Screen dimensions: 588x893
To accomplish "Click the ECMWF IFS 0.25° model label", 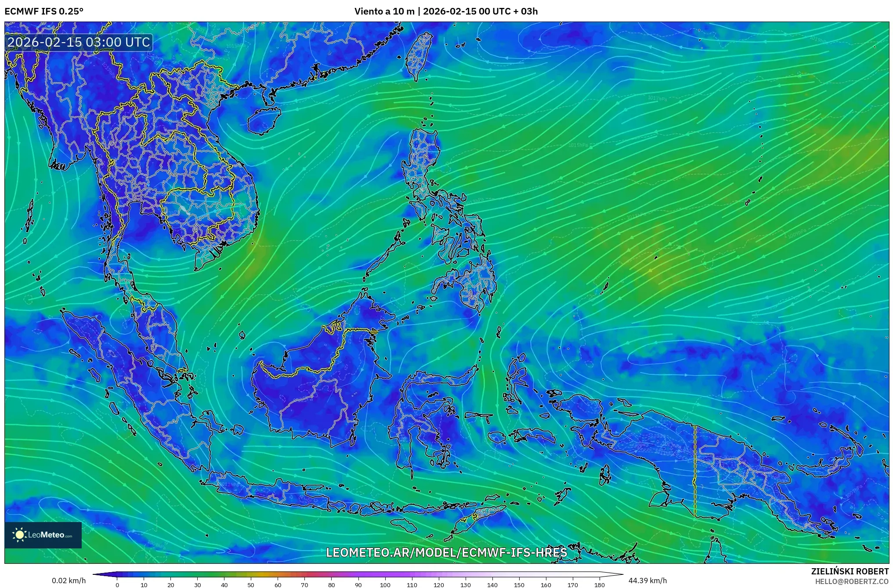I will [44, 11].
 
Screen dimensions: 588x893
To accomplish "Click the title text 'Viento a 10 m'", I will [384, 11].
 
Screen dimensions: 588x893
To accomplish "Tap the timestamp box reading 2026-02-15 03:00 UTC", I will [79, 43].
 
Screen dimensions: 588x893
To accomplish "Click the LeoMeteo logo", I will [43, 535].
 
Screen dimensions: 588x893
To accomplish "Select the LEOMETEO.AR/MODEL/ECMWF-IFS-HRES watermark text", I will [446, 552].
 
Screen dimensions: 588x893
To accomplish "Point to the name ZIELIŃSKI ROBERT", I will [850, 571].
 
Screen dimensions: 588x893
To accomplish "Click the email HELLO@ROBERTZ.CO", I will [852, 581].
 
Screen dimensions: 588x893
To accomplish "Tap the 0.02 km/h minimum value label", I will [69, 581].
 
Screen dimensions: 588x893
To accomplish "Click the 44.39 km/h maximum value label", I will [647, 581].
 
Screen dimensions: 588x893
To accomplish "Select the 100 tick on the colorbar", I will [385, 584].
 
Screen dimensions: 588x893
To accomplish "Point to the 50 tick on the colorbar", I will [251, 584].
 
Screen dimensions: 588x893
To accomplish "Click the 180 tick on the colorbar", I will [600, 584].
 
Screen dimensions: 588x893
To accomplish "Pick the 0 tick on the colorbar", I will [117, 584].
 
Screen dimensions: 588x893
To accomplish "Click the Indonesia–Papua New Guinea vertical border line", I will [695, 471].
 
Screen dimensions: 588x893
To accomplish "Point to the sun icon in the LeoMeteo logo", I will [20, 535].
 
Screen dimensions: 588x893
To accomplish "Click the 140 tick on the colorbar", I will [492, 584].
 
